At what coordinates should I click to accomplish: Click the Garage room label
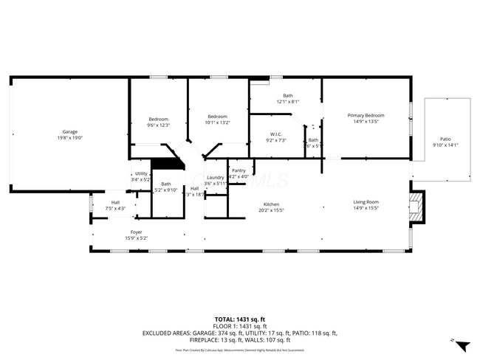pos(70,132)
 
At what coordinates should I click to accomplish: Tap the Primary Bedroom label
pos(366,115)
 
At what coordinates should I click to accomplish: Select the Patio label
pos(445,139)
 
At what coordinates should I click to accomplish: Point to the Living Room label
pos(366,202)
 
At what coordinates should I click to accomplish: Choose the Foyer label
pos(137,232)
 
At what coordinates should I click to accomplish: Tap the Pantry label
pos(238,170)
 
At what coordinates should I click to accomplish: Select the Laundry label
pos(215,177)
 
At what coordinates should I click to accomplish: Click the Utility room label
pos(140,173)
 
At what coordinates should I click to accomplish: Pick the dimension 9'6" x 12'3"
pos(159,125)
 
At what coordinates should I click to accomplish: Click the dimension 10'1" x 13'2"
pos(217,123)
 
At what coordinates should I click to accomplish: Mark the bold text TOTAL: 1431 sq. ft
pos(240,319)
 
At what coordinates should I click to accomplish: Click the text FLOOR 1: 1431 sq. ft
pos(240,325)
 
